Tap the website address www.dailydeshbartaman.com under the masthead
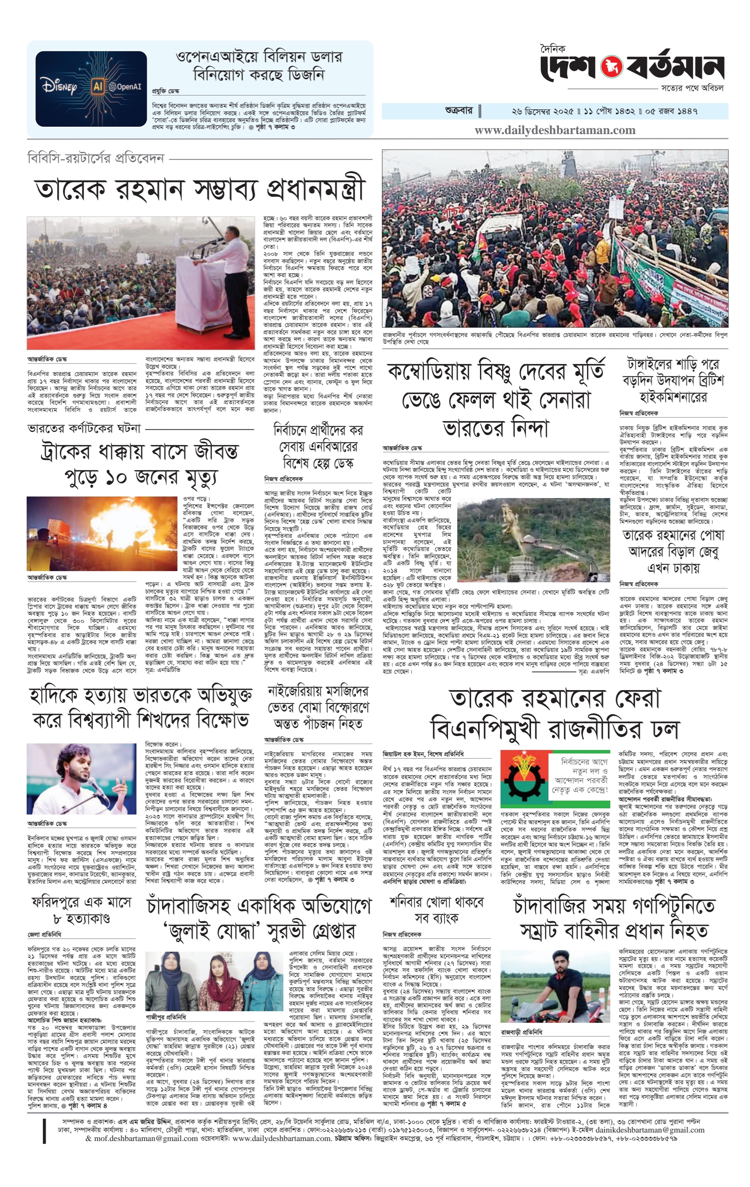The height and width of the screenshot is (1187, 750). pyautogui.click(x=555, y=131)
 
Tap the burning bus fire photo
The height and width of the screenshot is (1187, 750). pyautogui.click(x=102, y=533)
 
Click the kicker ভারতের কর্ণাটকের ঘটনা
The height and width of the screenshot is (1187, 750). pyautogui.click(x=84, y=429)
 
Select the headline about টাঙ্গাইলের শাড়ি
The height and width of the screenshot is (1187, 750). pyautogui.click(x=673, y=380)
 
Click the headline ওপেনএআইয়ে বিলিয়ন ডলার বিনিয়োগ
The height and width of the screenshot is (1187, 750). pyautogui.click(x=259, y=66)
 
